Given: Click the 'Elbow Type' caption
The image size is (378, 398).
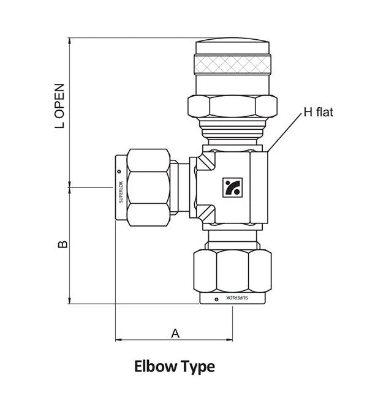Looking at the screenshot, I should [x=175, y=367].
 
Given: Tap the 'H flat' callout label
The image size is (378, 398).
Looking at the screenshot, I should [x=318, y=113].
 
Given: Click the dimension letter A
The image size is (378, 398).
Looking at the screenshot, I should [x=175, y=333].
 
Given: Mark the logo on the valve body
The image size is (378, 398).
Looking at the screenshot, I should [x=233, y=187].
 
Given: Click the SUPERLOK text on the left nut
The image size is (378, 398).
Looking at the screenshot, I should [x=119, y=189].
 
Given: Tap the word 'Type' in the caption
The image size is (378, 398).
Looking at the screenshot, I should [x=198, y=367].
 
